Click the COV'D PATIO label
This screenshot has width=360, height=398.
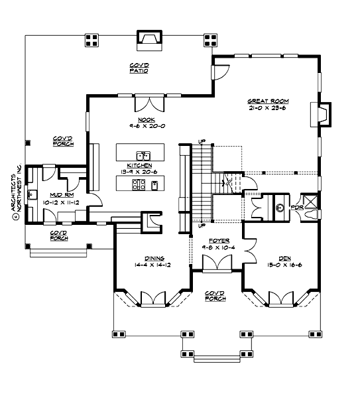point(139,68)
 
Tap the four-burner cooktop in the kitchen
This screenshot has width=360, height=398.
point(139,184)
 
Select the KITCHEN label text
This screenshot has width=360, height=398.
point(141,165)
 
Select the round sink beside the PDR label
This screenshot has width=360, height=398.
point(280,208)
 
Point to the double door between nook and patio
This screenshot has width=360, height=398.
point(149,104)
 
